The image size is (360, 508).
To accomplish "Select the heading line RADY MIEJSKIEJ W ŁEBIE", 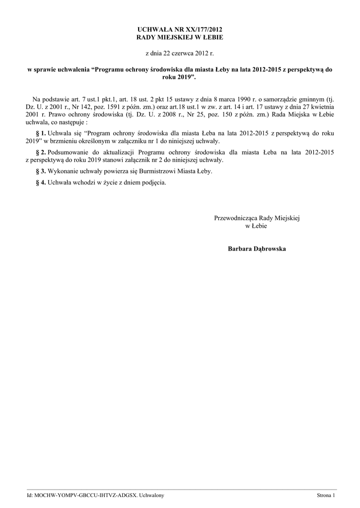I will tap(179, 38).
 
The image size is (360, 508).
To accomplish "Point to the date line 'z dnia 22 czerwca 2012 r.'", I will tap(179, 53).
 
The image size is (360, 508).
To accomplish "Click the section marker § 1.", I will tap(41, 133).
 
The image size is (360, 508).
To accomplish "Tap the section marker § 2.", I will tap(41, 152).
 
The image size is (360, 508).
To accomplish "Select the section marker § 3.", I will tap(41, 171).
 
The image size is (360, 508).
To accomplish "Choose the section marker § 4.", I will tap(41, 182).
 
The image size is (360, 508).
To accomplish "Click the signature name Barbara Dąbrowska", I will tap(257, 248).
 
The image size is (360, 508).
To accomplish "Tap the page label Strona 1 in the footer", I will tap(326, 496).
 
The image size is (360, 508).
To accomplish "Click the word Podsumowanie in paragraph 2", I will tap(70, 152).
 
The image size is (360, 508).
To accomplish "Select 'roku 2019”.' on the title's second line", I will tap(179, 78).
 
